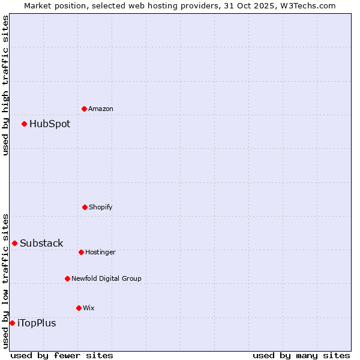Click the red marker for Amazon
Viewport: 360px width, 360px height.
click(84, 109)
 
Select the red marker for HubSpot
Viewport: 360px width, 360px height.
click(24, 124)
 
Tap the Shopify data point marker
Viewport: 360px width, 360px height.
click(85, 207)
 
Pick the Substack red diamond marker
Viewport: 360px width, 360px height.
click(14, 243)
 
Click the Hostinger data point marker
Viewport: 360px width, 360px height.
click(81, 252)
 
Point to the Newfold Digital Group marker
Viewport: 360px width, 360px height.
click(67, 278)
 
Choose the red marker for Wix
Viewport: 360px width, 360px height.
click(79, 308)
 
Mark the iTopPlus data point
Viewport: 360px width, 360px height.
click(12, 323)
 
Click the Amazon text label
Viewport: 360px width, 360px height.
click(101, 109)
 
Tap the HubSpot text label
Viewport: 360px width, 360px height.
click(50, 124)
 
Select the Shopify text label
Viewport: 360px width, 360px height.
click(101, 207)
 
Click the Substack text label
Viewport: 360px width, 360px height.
click(41, 243)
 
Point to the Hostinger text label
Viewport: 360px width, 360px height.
click(100, 252)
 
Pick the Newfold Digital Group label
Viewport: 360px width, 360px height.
click(107, 278)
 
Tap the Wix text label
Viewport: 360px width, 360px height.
click(89, 308)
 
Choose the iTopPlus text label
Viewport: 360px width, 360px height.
click(37, 323)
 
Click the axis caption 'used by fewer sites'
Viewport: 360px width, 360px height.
click(62, 355)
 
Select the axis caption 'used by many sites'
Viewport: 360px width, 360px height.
click(301, 355)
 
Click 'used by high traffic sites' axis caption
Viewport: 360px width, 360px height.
click(5, 85)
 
